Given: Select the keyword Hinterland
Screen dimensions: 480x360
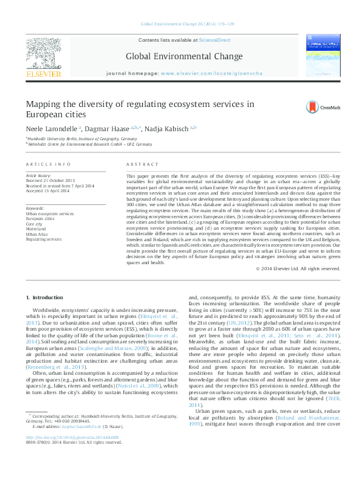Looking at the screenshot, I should [x=37, y=229].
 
